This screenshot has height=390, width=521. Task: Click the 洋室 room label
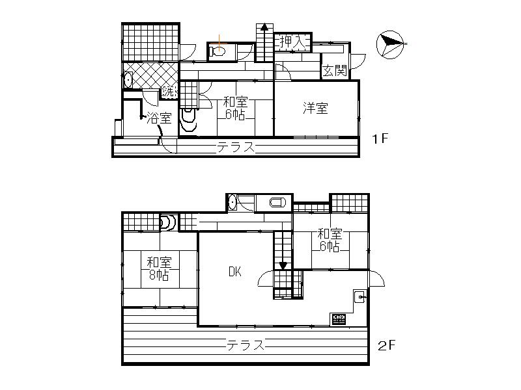(316, 108)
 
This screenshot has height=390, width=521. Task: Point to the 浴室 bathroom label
(159, 118)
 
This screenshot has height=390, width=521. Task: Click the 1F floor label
(381, 140)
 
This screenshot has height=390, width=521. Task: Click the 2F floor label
(386, 345)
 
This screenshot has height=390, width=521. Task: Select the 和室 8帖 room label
(158, 269)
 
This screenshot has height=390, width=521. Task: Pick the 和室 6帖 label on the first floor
(234, 109)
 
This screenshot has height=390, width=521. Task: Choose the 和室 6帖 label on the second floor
(329, 240)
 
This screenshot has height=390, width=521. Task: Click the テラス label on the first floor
(236, 148)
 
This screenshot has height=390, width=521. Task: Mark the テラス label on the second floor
(246, 345)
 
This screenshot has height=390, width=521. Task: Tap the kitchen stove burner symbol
(339, 319)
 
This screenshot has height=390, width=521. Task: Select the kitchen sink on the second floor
(359, 297)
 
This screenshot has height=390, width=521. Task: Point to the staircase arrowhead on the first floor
(264, 28)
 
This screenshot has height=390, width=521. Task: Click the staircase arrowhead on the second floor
(283, 265)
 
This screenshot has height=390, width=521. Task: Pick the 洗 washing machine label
(169, 92)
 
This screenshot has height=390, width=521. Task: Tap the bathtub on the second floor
(276, 203)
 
